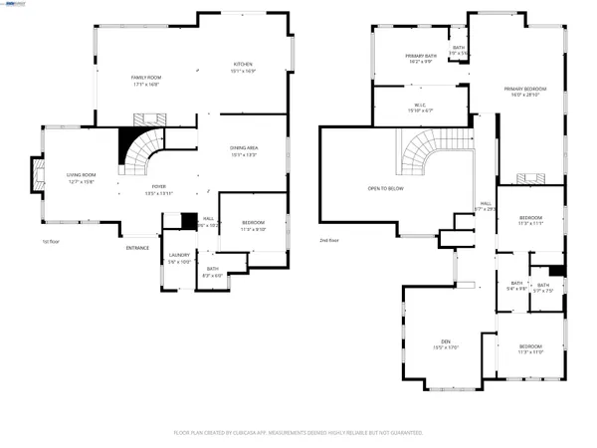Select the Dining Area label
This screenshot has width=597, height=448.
point(244,150)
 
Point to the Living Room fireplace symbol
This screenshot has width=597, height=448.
point(39,179)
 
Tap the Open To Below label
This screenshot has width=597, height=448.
point(385,187)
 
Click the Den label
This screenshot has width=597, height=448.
point(439,344)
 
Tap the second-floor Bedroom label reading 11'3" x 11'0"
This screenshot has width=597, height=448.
point(529,348)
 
